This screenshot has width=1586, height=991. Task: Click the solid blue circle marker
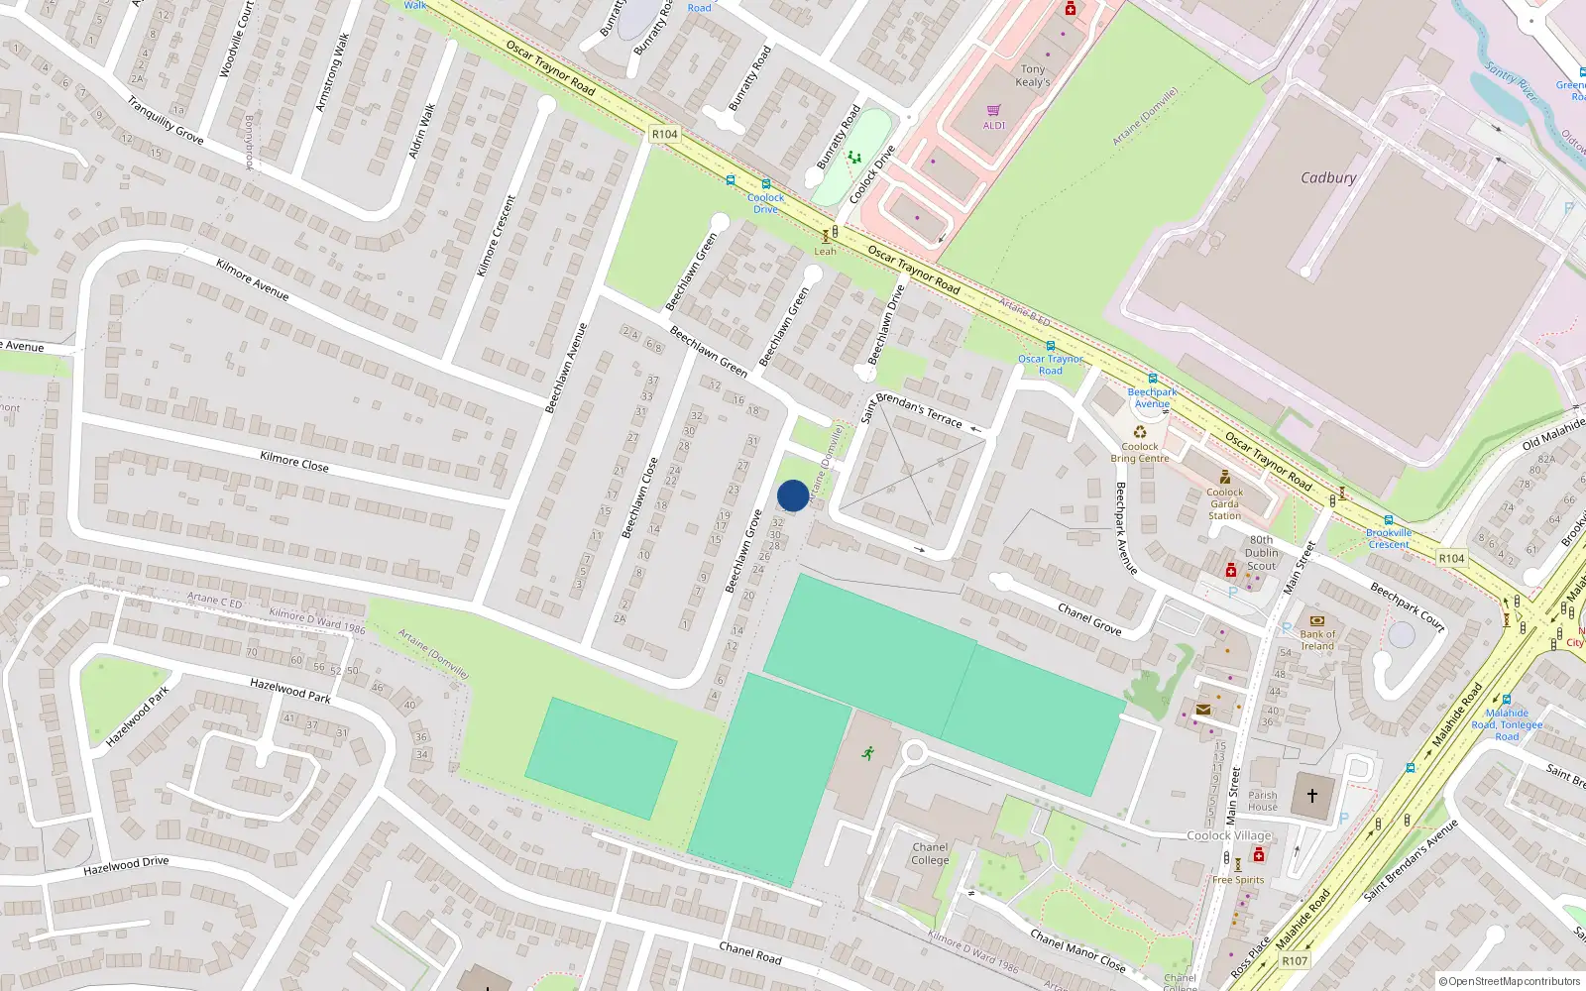click(x=793, y=495)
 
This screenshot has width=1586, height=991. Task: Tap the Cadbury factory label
click(x=1328, y=178)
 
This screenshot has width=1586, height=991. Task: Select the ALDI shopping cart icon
click(x=993, y=111)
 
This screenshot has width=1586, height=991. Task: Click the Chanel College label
click(x=930, y=853)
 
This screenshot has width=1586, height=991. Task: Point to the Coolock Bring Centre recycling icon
click(x=1140, y=432)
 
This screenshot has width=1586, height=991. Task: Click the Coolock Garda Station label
click(x=1224, y=503)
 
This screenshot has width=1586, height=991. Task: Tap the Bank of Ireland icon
click(x=1317, y=620)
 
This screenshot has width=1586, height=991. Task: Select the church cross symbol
click(x=1312, y=796)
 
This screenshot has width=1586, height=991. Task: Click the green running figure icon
click(x=868, y=753)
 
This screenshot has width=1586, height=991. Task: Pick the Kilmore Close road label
click(x=293, y=461)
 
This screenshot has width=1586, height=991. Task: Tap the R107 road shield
click(x=1295, y=960)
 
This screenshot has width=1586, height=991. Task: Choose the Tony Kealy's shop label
click(x=1033, y=76)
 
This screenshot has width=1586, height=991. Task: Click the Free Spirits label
click(x=1238, y=879)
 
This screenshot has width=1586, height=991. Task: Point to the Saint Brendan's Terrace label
click(x=911, y=408)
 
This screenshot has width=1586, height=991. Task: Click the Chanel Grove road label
click(x=1088, y=618)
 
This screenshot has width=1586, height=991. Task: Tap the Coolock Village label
click(x=1229, y=835)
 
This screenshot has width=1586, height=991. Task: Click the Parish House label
click(x=1263, y=801)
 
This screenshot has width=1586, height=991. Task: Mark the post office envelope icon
click(x=1203, y=710)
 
